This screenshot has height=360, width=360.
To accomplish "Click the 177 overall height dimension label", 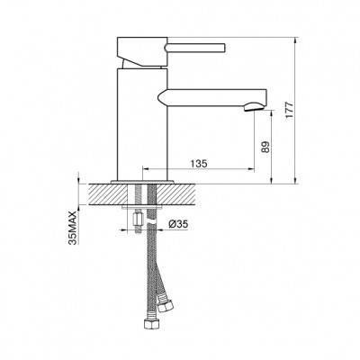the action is point(289,111).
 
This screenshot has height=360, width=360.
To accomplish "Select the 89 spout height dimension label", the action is point(265,147).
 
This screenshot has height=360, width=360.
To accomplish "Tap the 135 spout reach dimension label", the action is point(199,164).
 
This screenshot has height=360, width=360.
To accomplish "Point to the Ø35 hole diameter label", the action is point(178,224).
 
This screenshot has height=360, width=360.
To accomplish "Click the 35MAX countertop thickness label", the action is point(73,228).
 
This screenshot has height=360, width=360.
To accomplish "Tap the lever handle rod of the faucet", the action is point(195,48).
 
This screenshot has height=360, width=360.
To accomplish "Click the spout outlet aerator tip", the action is point(254,107).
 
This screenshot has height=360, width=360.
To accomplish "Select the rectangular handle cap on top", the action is point(142,51).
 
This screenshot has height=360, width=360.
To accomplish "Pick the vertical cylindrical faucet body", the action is point(141,124).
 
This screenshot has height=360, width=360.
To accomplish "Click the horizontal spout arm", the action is point(212,97).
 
